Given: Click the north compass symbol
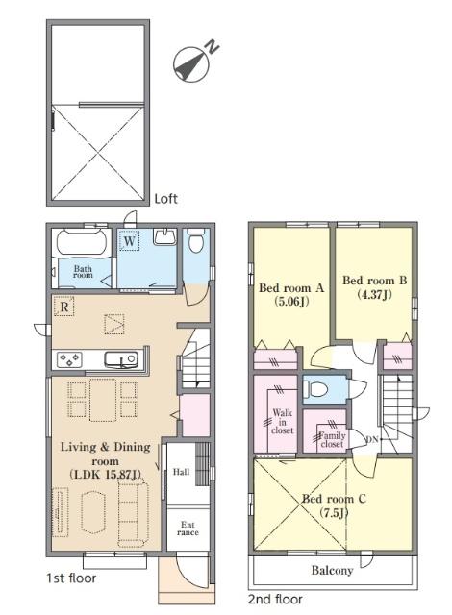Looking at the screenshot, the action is click(x=191, y=64).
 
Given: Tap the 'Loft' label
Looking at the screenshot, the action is click(x=165, y=199).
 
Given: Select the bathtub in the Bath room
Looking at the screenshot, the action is click(x=82, y=243).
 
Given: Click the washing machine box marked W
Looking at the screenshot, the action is click(x=130, y=240).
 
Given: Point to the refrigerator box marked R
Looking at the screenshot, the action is click(x=64, y=307).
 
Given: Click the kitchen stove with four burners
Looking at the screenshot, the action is click(x=69, y=359).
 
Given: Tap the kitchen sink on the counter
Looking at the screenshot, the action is click(x=121, y=359).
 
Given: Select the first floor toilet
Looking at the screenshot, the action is click(x=196, y=240).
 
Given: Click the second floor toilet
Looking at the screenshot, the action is click(x=318, y=390).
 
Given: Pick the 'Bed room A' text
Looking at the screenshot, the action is click(x=291, y=288).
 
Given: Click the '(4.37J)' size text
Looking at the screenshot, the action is click(x=375, y=294).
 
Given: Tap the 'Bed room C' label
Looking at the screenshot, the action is click(x=334, y=499).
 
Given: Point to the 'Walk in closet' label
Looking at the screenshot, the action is click(x=283, y=422).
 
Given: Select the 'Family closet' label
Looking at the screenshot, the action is click(x=332, y=440).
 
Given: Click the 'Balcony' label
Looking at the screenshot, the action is click(x=332, y=570).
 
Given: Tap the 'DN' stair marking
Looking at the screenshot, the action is click(x=372, y=440).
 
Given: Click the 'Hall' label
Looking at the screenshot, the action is click(x=181, y=472).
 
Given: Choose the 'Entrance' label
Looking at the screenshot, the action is click(x=188, y=529).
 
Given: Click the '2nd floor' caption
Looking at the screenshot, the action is click(x=275, y=600).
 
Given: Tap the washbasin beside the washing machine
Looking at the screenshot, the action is click(x=164, y=237).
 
